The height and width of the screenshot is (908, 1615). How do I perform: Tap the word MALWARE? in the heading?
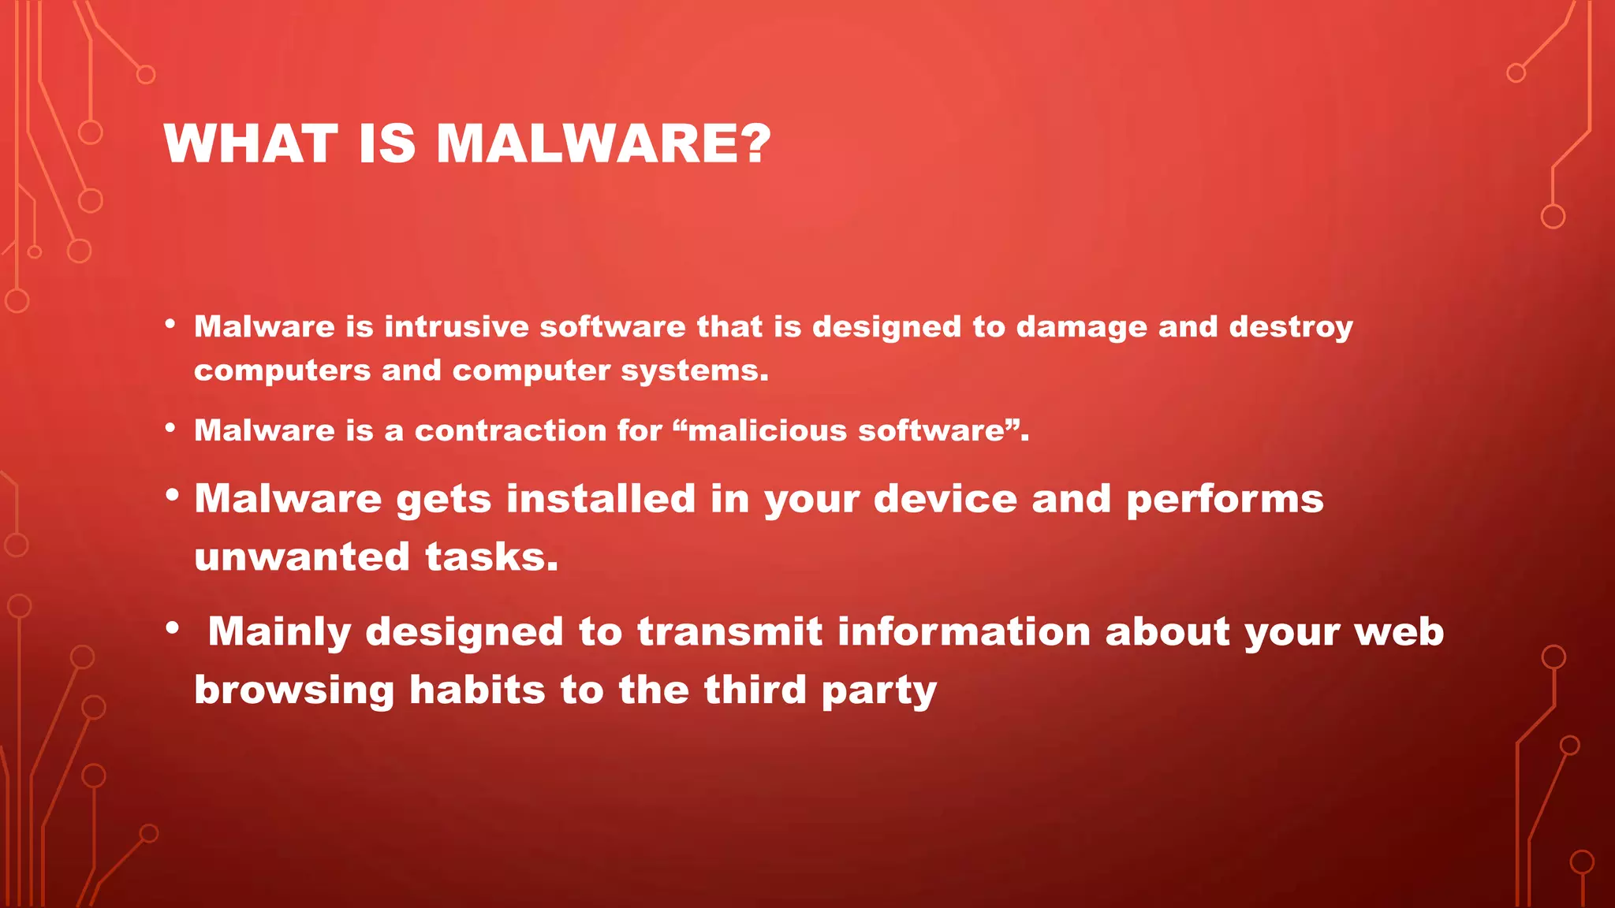point(603,144)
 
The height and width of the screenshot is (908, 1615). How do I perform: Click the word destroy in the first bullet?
point(1290,327)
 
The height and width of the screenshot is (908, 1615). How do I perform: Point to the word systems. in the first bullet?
point(694,370)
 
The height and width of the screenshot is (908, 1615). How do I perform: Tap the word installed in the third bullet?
point(601,499)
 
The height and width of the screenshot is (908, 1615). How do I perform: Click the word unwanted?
point(302,556)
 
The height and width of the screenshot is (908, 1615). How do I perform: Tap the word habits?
point(477,690)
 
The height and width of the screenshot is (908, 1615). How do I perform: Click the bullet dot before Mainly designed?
point(173,629)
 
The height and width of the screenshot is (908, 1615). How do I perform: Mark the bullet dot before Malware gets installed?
point(173,497)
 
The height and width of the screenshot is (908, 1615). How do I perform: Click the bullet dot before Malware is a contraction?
point(170,429)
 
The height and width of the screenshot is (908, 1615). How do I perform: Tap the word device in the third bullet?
point(945,499)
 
